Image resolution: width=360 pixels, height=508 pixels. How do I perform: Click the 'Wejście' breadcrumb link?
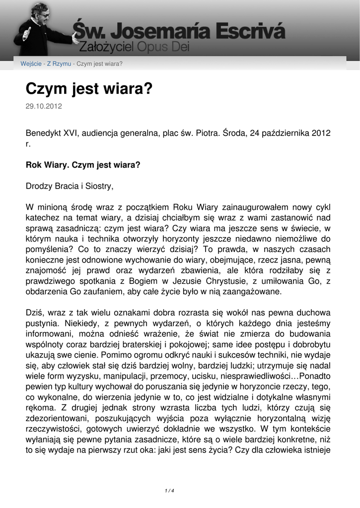coord(31,64)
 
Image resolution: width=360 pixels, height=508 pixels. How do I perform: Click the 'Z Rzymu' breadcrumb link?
coord(59,64)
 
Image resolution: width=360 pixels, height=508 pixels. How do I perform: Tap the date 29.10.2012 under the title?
coord(44,106)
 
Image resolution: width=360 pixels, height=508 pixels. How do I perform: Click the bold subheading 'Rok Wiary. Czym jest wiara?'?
coord(83,165)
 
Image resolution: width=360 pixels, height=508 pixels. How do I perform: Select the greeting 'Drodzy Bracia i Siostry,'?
coord(70,187)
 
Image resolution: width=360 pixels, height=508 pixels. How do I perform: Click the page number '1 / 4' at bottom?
coord(169,491)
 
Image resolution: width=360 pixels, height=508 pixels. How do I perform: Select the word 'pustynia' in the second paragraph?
coord(41,324)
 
